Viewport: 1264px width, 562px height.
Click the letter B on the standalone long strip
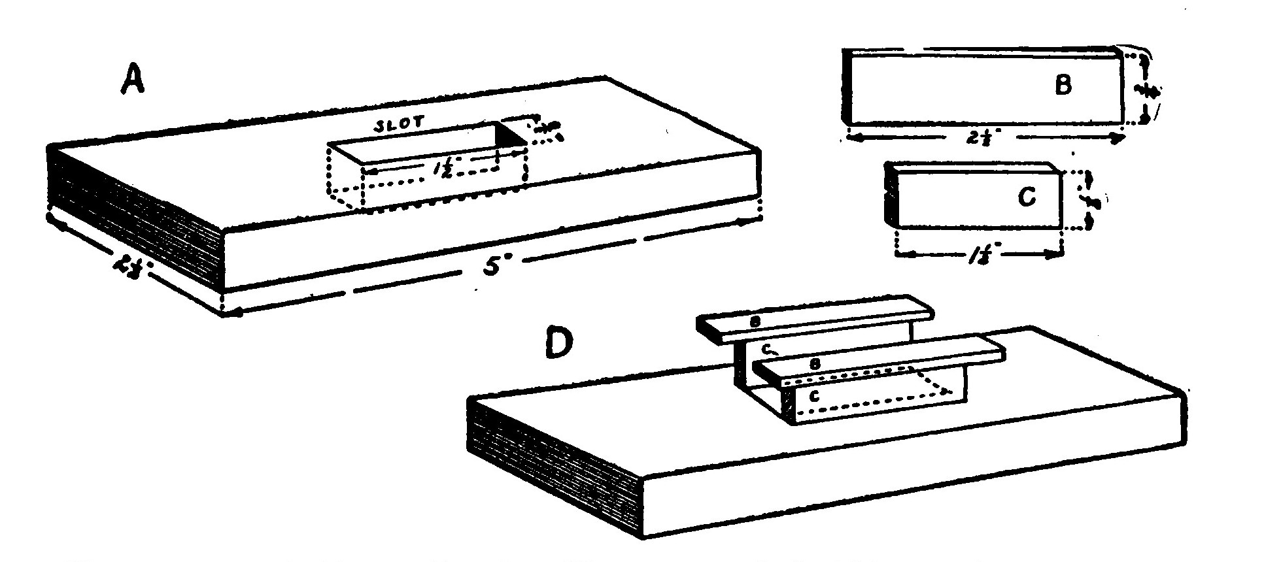1064,86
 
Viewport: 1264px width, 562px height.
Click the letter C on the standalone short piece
1027,197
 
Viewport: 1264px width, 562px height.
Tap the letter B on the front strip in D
815,365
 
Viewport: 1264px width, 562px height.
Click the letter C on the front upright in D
815,396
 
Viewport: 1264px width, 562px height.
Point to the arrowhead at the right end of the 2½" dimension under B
1119,138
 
